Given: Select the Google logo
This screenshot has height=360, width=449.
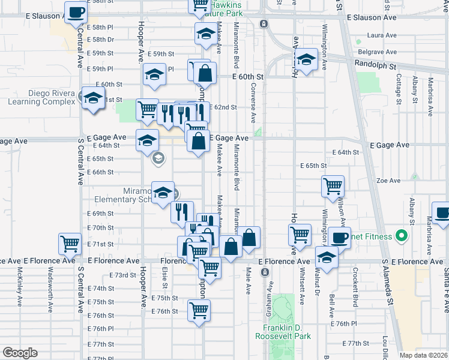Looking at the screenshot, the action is pos(19,353).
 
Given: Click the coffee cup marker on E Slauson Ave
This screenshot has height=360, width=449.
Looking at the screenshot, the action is pos(75,13).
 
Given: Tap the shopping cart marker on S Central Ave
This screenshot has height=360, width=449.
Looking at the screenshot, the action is pos(70,243).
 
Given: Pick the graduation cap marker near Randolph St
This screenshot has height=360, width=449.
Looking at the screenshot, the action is pos(306,59).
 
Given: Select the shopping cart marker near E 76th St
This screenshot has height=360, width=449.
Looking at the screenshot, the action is pos(199,311).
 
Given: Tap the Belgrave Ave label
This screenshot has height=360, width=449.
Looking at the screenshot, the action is pos(383,52).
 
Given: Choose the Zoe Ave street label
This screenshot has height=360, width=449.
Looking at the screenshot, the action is pos(388,180).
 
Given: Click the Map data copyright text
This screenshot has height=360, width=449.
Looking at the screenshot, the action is pos(424,355).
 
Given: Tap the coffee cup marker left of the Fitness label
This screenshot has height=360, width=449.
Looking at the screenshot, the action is pos(339,237).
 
